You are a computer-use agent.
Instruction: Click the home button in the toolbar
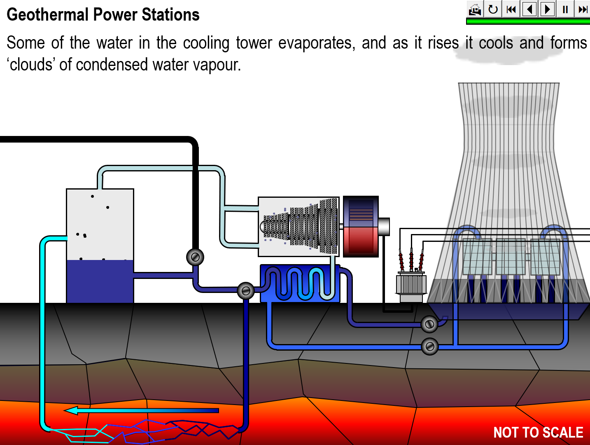[475, 9]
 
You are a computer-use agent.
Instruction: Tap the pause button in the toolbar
[565, 9]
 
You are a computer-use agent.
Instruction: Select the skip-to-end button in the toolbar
[583, 9]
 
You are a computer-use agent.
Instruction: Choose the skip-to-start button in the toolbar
[511, 9]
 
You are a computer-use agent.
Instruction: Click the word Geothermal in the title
[47, 15]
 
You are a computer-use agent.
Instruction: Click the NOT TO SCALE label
[538, 432]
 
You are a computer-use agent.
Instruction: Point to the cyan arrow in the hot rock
[140, 410]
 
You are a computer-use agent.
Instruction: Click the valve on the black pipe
[195, 257]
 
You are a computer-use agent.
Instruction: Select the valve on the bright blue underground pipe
[429, 347]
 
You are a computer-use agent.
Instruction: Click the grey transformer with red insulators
[411, 284]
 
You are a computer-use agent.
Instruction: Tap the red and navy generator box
[361, 227]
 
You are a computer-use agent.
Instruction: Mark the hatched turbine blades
[301, 226]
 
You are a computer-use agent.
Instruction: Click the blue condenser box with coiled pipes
[300, 283]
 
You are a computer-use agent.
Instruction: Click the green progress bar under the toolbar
[527, 21]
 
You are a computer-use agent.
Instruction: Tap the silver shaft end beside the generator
[384, 227]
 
